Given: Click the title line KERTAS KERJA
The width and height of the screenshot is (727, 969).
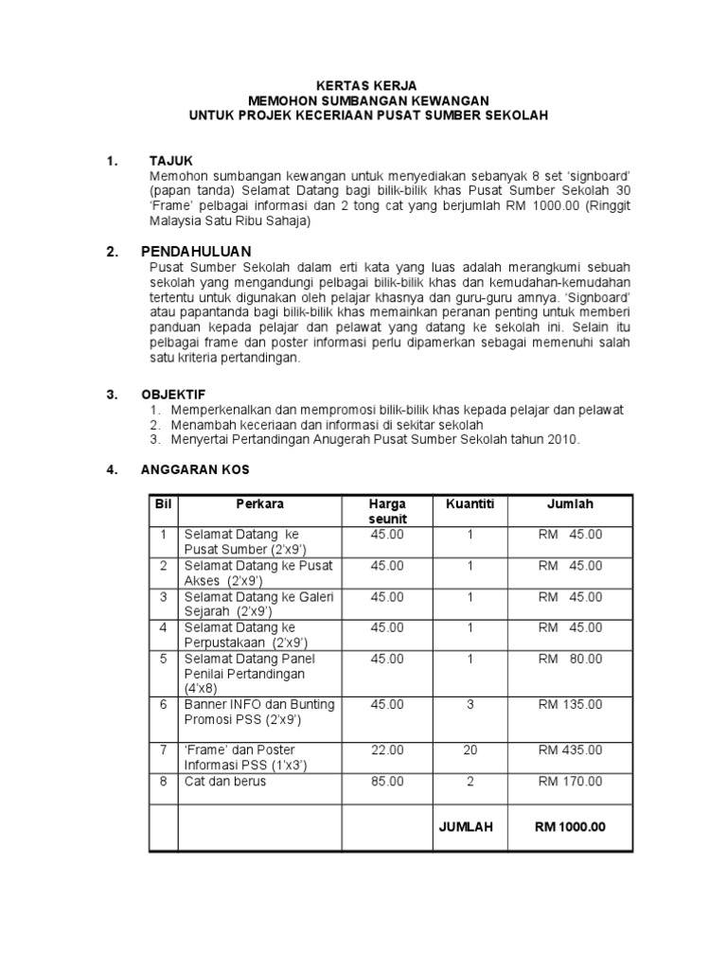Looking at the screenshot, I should (365, 85).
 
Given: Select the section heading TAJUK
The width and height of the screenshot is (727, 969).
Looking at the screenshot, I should (171, 161).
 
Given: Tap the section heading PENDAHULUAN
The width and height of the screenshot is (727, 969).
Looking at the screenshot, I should (196, 252).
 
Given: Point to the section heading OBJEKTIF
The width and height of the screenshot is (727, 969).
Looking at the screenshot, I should (173, 394).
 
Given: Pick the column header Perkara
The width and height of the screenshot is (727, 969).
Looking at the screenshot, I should (260, 504).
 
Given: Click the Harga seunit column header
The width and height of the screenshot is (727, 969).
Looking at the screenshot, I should (387, 512).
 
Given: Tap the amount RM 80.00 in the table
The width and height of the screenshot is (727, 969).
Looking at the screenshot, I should (570, 659).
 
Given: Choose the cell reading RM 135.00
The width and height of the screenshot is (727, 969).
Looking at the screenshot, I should (570, 705).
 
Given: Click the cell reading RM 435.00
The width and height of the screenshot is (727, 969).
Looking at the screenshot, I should (570, 750).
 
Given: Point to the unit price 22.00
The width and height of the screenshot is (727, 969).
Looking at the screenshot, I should (387, 750).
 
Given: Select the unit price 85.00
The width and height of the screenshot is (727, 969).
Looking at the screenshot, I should (387, 782).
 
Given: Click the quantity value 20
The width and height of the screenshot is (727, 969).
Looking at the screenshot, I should (470, 750).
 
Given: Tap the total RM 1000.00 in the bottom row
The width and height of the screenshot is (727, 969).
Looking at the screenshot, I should (570, 827).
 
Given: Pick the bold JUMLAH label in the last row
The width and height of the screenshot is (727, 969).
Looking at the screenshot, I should (466, 827).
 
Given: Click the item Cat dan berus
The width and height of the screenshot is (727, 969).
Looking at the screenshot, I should (225, 782).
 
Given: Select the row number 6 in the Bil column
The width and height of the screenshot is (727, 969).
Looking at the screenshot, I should (163, 705).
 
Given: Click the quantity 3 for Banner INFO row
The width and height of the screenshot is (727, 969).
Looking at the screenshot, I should (470, 705).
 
